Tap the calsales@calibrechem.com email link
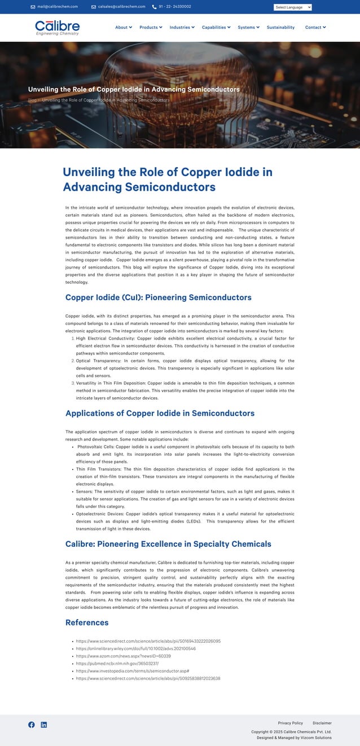[x=121, y=7]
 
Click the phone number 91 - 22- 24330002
[x=174, y=7]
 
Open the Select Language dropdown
[x=292, y=7]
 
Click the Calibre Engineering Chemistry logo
[x=57, y=27]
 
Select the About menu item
[x=123, y=27]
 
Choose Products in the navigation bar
[x=150, y=27]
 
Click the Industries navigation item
[x=182, y=27]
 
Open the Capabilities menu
[x=216, y=27]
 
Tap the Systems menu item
[x=248, y=27]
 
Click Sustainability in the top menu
[x=280, y=27]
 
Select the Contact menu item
[x=315, y=27]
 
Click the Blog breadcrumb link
[x=32, y=100]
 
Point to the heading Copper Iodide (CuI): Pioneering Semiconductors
[x=159, y=297]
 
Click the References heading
[x=87, y=622]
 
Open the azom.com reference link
[x=123, y=656]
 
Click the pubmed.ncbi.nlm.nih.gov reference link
[x=117, y=664]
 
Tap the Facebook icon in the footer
[x=32, y=725]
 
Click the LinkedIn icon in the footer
[x=44, y=725]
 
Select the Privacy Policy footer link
[x=290, y=723]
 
